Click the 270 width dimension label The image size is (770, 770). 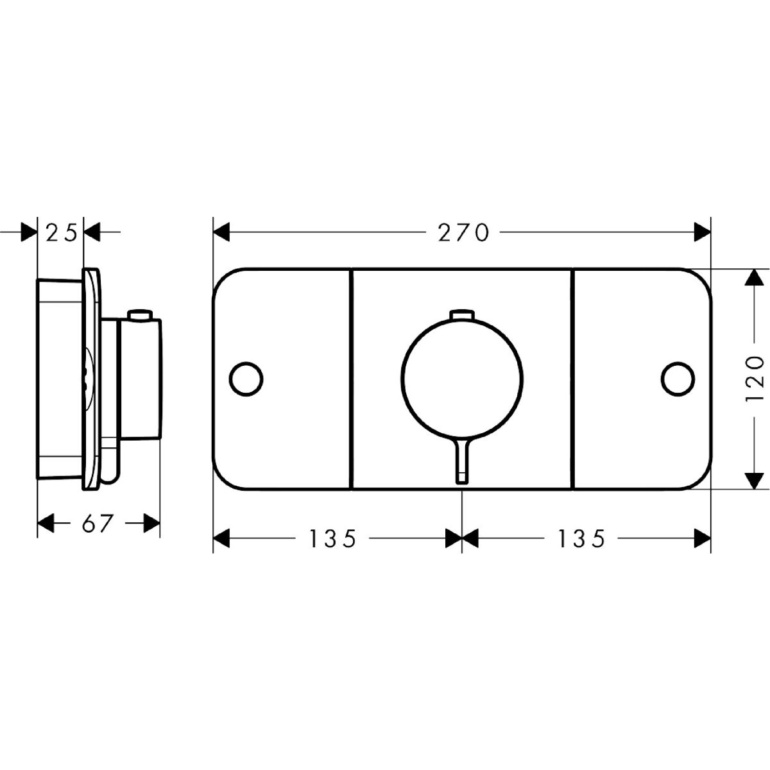463,233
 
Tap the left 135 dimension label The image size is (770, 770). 332,538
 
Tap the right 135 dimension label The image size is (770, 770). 581,538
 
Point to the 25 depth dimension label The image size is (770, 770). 61,233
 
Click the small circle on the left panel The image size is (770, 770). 246,379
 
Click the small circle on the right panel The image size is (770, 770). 678,379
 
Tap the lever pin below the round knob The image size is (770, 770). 462,461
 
